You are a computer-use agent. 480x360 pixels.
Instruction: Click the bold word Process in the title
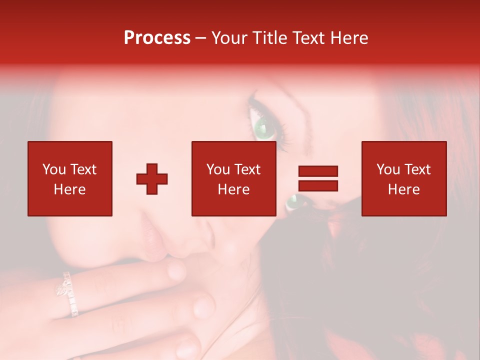coord(157,38)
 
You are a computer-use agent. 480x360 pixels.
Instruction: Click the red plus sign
coord(152,179)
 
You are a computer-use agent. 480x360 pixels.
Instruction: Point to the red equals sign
coord(318,178)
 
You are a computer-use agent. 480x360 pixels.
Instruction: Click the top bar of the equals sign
coord(318,171)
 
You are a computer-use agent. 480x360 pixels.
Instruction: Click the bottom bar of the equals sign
coord(318,185)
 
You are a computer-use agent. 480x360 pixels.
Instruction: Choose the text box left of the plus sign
coord(70,178)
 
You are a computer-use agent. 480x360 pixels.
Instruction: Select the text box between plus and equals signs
coord(234,178)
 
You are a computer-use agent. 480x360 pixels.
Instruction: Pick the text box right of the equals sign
coord(404,178)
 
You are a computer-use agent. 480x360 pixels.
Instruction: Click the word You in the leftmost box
coord(54,169)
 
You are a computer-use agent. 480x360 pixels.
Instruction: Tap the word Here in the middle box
coord(234,189)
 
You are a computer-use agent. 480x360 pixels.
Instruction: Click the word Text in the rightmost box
coord(417,169)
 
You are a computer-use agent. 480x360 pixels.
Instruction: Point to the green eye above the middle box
coord(265,127)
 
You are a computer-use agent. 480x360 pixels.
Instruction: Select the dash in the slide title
coord(201,38)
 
